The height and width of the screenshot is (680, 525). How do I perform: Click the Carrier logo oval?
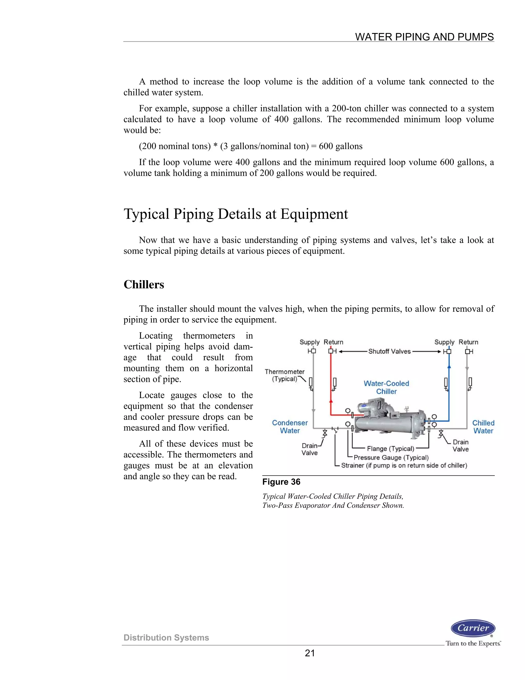tap(473, 628)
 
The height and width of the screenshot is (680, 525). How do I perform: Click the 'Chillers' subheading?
tap(144, 285)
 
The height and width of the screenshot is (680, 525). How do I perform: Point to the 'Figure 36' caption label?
tap(281, 482)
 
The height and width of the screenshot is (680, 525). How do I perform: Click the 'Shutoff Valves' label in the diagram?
tap(389, 352)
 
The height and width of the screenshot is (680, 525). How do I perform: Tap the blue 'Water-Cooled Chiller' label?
tap(386, 387)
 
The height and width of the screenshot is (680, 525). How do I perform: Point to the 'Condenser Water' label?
tap(290, 426)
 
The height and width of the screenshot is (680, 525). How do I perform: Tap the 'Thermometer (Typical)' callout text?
tap(284, 375)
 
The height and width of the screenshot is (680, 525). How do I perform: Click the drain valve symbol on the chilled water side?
tap(441, 433)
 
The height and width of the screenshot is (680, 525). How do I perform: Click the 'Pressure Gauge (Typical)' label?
tap(391, 457)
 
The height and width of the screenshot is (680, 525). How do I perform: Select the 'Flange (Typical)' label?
tap(390, 449)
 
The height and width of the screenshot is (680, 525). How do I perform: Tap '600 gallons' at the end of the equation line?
tap(341, 146)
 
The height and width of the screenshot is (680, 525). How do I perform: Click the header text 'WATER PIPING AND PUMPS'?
tap(424, 37)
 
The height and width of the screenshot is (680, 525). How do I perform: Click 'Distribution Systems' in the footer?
tap(166, 638)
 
